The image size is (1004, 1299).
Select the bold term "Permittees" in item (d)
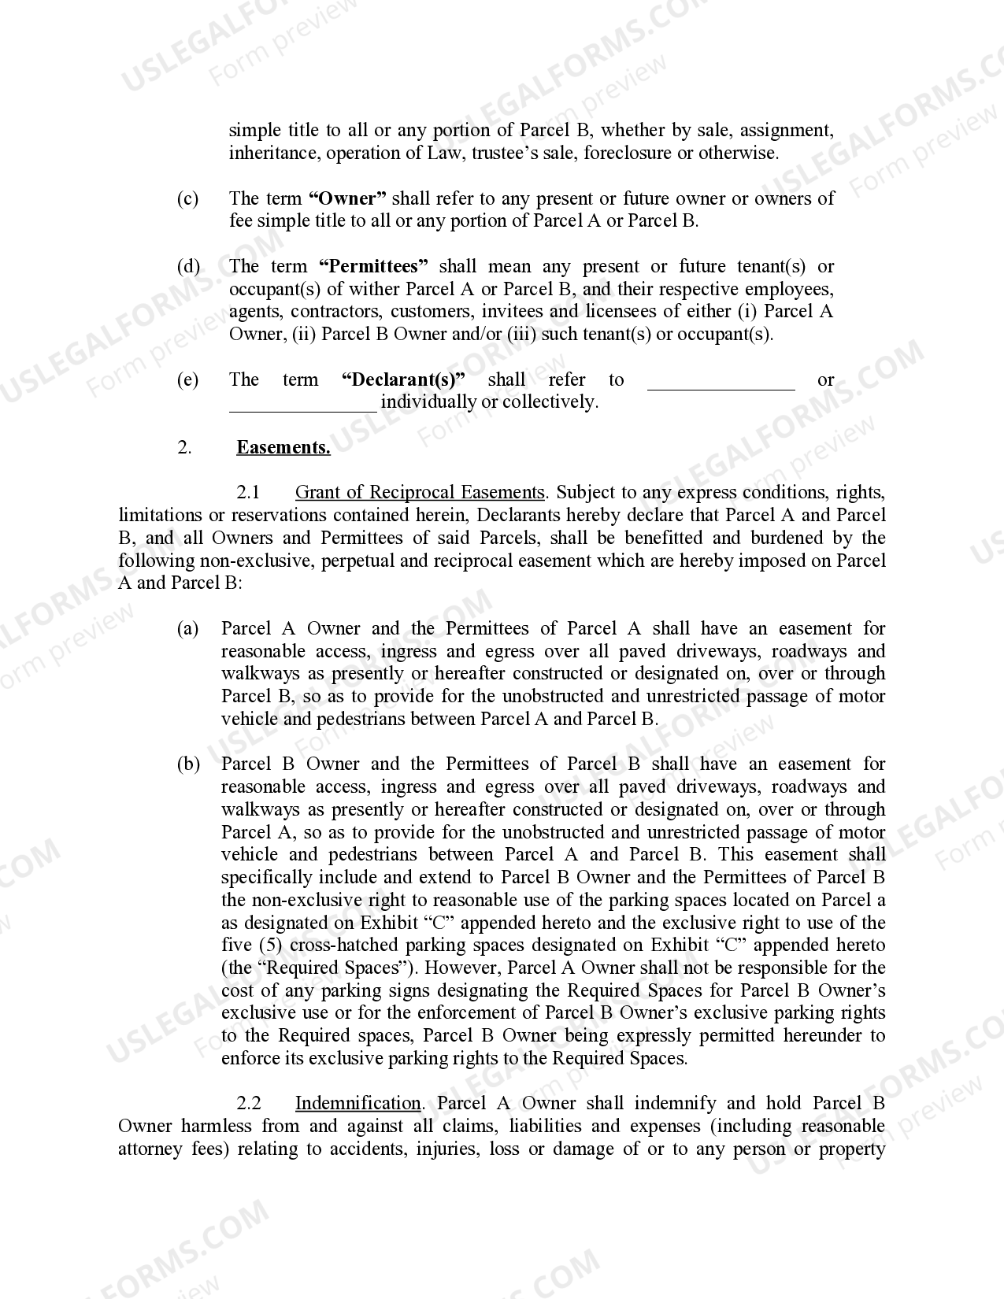[x=373, y=266]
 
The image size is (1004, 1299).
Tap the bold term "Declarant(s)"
[x=403, y=379]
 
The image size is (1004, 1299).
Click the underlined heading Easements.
[x=283, y=447]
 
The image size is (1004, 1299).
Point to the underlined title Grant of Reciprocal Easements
[x=420, y=492]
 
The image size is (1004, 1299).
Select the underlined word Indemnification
[x=358, y=1103]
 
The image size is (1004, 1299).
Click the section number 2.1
[x=248, y=492]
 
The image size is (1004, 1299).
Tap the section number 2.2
[x=248, y=1103]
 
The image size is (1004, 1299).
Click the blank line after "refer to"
[x=721, y=382]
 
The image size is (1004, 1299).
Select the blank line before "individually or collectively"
[x=302, y=405]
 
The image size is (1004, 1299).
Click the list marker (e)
[x=187, y=379]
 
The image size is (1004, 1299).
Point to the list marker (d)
[x=187, y=266]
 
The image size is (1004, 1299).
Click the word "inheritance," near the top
[x=272, y=153]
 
